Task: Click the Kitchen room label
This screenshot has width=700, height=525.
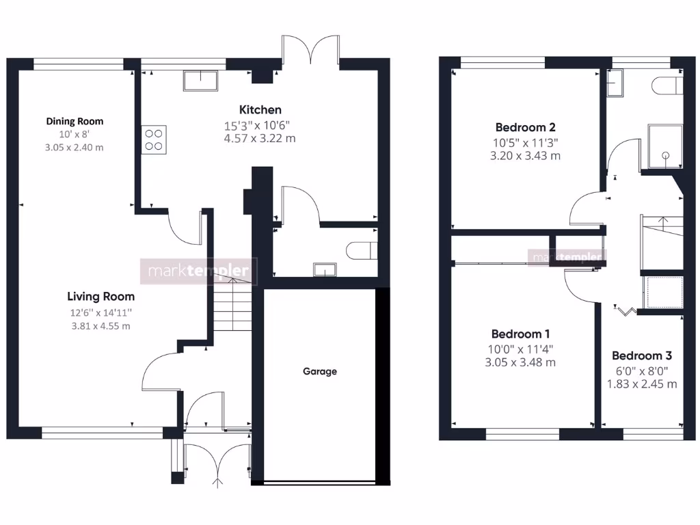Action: (260, 109)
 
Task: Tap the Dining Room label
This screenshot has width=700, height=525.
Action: (75, 121)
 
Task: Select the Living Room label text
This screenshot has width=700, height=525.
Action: (100, 297)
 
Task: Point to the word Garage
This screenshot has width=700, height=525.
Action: (320, 372)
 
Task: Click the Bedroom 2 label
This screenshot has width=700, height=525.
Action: (525, 127)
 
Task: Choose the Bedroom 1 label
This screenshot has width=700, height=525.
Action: (520, 334)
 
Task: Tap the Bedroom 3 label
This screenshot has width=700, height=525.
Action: (641, 355)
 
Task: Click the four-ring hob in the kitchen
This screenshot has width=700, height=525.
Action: (154, 139)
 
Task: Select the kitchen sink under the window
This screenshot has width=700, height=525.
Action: (199, 81)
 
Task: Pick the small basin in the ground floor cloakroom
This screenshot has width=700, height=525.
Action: (321, 269)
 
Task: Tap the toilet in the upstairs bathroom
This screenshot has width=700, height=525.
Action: (667, 86)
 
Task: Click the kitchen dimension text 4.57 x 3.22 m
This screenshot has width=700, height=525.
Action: (260, 138)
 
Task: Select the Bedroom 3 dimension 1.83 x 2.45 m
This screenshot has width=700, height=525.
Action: (641, 383)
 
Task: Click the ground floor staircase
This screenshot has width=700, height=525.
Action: (231, 304)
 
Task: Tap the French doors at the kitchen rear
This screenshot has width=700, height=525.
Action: (311, 51)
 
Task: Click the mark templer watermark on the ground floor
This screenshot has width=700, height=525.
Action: (199, 271)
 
